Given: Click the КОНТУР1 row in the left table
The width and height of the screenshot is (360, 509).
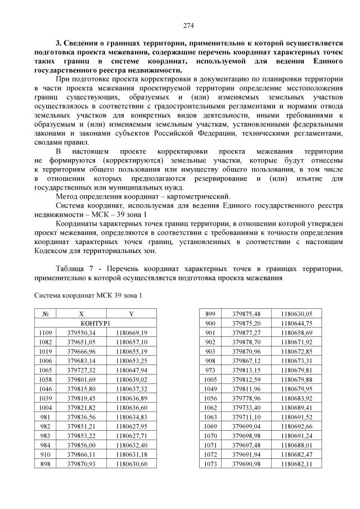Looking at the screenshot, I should [95, 323].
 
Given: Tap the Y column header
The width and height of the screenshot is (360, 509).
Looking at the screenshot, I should [131, 314].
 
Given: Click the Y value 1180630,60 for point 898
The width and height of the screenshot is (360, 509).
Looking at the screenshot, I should [131, 463].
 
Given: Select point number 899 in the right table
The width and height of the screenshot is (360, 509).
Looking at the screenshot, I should [210, 314].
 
